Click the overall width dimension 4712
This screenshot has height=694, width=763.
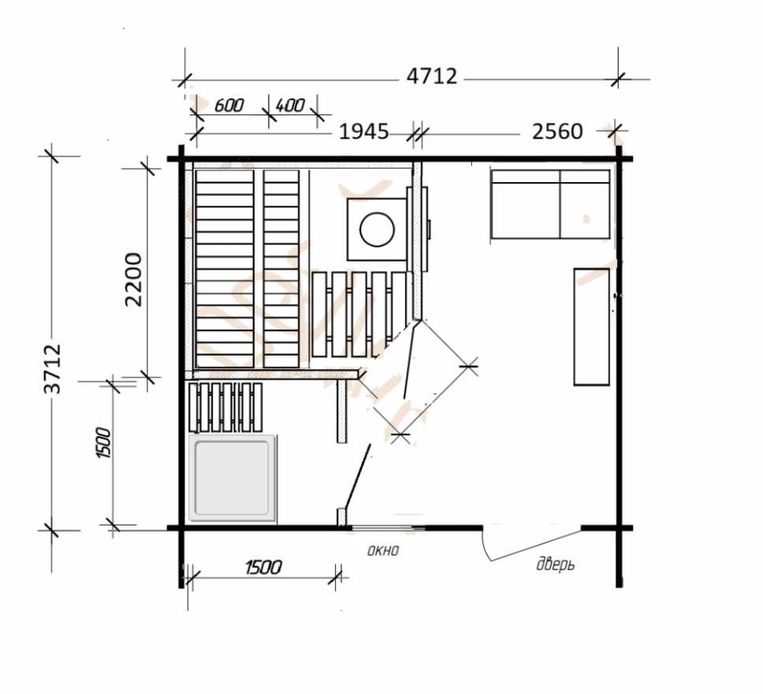(432, 76)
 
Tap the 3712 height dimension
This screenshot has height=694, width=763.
(53, 368)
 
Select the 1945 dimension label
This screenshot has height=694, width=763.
(364, 132)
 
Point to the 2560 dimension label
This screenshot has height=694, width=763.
(557, 132)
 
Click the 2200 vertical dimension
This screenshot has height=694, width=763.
(133, 279)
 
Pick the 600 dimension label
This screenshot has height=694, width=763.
(229, 105)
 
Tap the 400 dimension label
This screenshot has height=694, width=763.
(290, 105)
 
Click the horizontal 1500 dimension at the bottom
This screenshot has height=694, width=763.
(263, 567)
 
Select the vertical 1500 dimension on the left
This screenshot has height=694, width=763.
(104, 442)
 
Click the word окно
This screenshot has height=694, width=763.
(383, 550)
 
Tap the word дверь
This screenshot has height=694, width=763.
(555, 565)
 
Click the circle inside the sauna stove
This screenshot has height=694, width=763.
(377, 229)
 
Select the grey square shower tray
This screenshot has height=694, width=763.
(232, 478)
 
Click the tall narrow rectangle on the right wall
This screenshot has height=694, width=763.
(592, 326)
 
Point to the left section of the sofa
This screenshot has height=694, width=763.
(526, 204)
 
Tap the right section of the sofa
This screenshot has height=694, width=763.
(586, 204)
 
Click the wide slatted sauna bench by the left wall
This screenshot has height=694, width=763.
(225, 269)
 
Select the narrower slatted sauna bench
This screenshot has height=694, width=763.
(281, 269)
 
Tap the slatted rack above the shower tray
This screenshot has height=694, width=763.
(225, 408)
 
